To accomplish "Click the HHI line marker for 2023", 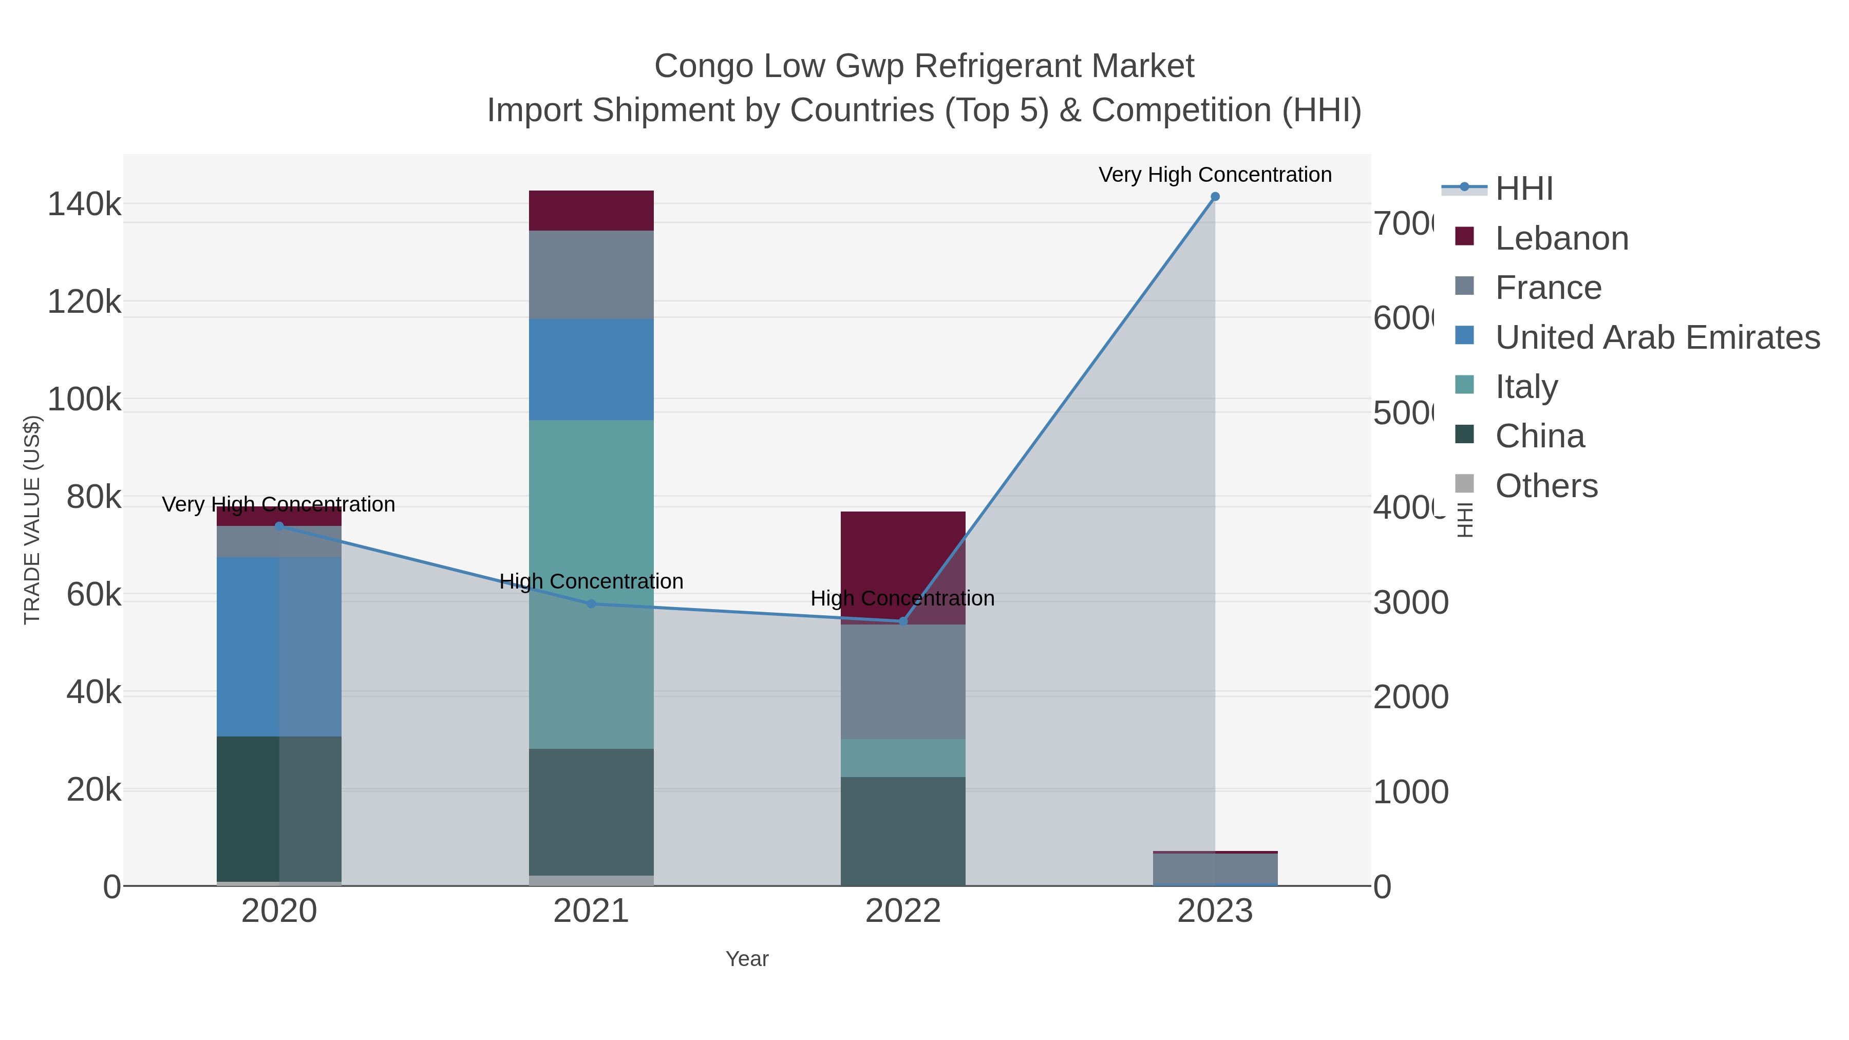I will pos(1215,197).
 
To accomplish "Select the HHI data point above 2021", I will pos(591,603).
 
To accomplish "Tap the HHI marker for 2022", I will pos(903,621).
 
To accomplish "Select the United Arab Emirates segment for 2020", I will pos(278,646).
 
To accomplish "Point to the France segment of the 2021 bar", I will pos(591,274).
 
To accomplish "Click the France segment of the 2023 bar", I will pos(1215,869).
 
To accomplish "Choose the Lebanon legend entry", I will pos(1561,238).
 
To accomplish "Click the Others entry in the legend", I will pos(1546,486).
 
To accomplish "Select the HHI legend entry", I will pos(1524,189).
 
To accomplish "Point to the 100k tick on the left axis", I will pos(84,399).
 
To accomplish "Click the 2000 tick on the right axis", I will pos(1410,697).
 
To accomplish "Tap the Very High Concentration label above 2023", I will pos(1215,175).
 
